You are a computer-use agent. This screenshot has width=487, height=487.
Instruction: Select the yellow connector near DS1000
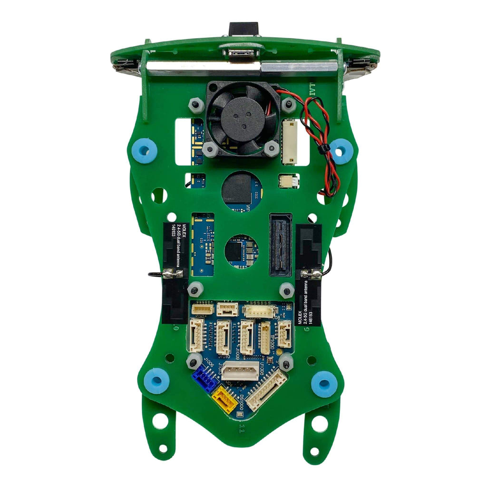[x=224, y=399]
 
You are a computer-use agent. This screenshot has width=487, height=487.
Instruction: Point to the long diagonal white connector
[x=266, y=390]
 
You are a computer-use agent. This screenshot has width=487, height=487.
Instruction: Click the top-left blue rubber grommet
[x=145, y=151]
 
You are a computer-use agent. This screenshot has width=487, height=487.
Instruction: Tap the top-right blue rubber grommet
[x=341, y=151]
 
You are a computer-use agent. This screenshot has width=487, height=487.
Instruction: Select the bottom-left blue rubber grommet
[x=156, y=381]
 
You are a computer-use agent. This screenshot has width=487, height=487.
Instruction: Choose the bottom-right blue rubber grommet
[x=324, y=383]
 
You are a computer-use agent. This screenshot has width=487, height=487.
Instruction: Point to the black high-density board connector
[x=281, y=245]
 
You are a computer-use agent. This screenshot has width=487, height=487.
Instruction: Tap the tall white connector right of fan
[x=289, y=142]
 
